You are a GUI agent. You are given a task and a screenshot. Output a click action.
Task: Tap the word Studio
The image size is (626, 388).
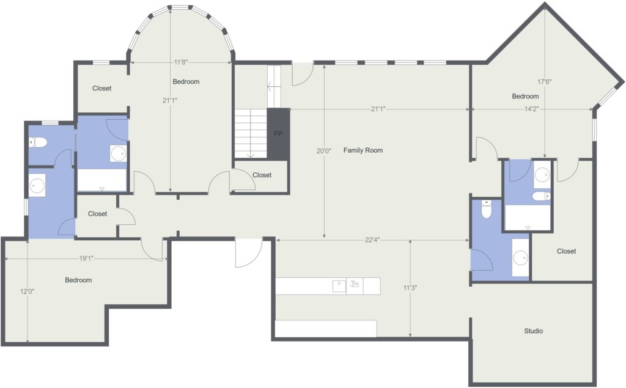(x=533, y=331)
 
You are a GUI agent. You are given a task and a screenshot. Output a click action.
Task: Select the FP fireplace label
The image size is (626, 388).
(x=278, y=134)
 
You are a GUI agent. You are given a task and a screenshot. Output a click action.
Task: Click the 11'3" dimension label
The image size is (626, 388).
(x=410, y=288)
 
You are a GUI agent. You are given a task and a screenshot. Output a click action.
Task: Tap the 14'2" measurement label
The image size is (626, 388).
(x=530, y=109)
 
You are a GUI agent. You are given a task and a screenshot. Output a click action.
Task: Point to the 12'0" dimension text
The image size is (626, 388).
(x=28, y=291)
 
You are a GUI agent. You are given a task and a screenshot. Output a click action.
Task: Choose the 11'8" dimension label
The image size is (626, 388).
(x=180, y=62)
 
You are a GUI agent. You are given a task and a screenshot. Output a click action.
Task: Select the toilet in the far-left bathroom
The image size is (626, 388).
(x=39, y=143)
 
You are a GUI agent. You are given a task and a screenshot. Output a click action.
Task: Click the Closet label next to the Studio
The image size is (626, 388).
(x=566, y=251)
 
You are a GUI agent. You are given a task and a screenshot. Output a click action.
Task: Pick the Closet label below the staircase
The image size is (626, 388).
(x=262, y=175)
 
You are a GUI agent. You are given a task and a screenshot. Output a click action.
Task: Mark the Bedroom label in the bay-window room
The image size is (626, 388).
(x=185, y=82)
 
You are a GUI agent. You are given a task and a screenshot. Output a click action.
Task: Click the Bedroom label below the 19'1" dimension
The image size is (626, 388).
(x=78, y=280)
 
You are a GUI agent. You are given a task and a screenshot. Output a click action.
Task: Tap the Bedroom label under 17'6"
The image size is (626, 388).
(x=525, y=97)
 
